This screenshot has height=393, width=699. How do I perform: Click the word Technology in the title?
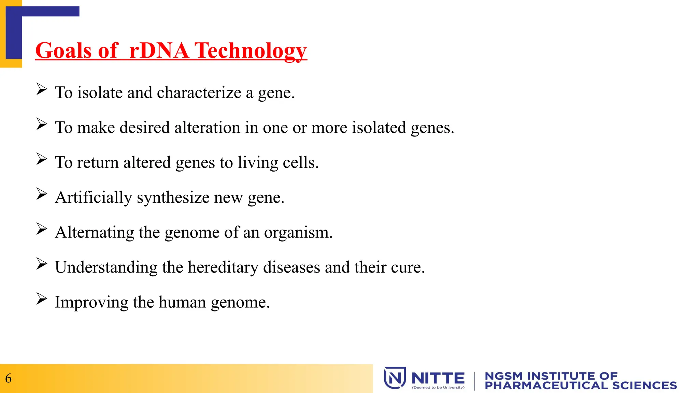(x=251, y=51)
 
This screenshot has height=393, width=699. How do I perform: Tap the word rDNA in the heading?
(x=159, y=51)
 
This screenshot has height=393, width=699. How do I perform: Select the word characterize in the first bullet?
(x=199, y=93)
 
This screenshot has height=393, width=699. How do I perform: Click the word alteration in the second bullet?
(x=207, y=128)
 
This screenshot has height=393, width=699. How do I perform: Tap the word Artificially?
(x=94, y=198)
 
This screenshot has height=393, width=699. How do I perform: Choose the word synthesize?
(x=173, y=198)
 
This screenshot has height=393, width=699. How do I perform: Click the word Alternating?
(x=95, y=232)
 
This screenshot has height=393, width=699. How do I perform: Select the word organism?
(x=298, y=233)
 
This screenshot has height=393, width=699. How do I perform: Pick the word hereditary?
(x=223, y=267)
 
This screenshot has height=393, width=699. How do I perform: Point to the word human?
(x=182, y=302)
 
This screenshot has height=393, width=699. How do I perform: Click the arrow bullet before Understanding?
(x=42, y=264)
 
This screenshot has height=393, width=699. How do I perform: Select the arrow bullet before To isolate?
(x=42, y=89)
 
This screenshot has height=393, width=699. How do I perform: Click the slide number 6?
(x=8, y=378)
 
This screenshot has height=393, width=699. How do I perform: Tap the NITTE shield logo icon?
(x=395, y=378)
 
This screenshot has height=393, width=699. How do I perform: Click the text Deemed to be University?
(x=438, y=388)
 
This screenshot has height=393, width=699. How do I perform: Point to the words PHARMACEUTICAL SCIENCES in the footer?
(x=581, y=385)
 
